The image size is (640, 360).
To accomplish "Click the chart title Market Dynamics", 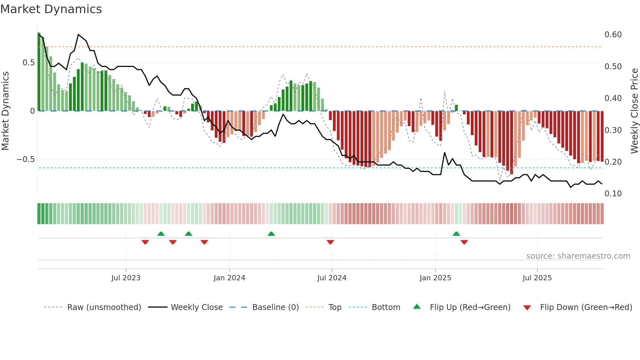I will [x=51, y=9].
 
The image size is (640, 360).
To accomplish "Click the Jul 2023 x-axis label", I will [x=126, y=278].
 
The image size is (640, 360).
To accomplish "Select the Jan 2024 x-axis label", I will [x=229, y=278].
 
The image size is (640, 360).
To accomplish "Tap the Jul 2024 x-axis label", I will [x=332, y=278].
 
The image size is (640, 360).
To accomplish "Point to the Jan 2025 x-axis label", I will [x=435, y=278].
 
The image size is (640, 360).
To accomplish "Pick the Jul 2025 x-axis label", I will [x=537, y=278].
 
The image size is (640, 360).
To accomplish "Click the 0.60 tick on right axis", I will [x=613, y=35].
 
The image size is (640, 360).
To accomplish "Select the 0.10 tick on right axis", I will [x=613, y=194].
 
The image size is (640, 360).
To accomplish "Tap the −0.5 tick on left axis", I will [x=25, y=159].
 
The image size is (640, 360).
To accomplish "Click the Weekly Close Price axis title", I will [x=634, y=111].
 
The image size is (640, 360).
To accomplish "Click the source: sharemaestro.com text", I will [x=578, y=256].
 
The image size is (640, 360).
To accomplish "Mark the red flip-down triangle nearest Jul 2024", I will [x=330, y=242].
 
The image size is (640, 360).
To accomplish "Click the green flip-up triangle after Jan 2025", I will [x=456, y=234].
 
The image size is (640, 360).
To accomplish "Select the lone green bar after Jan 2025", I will [x=456, y=108].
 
